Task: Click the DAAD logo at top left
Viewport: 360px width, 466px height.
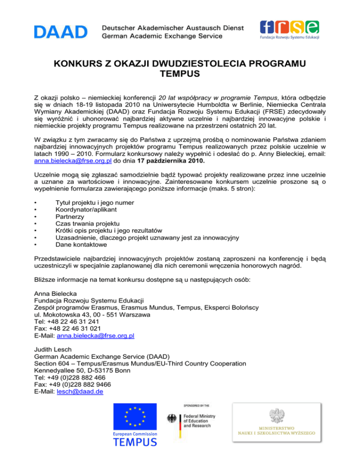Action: [60, 32]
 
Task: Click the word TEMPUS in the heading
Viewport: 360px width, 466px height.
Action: [180, 74]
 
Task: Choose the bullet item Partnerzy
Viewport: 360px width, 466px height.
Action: [70, 218]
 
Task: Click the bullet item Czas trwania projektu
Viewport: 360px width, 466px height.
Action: [87, 224]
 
